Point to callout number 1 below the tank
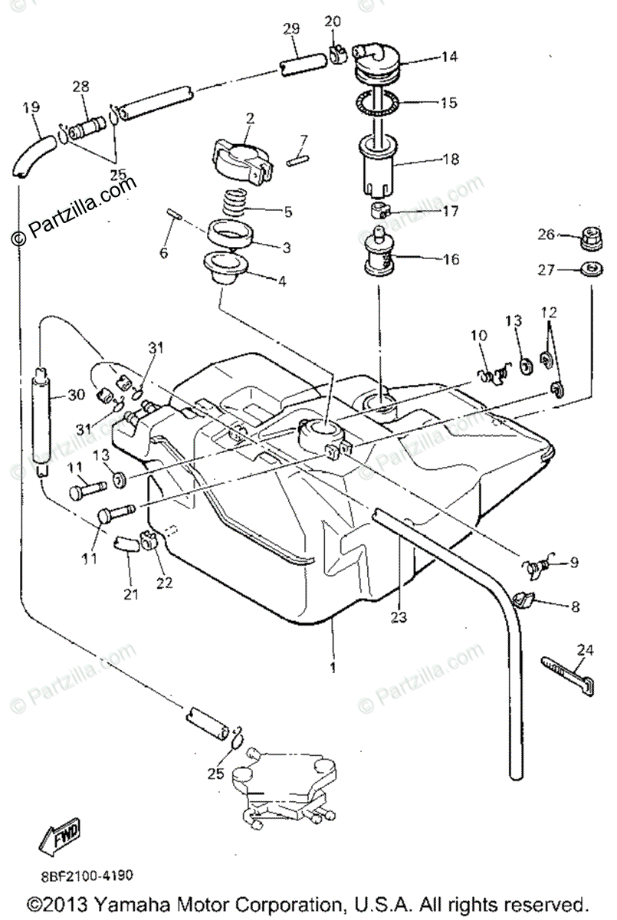(332, 668)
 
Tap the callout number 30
(75, 396)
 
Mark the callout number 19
(31, 108)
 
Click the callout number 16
(451, 259)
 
